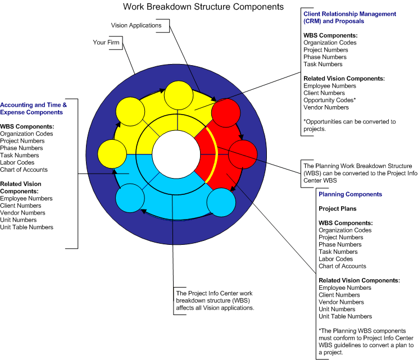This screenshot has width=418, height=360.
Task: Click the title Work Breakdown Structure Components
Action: [x=204, y=7]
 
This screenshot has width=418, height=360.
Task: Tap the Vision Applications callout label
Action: [x=136, y=25]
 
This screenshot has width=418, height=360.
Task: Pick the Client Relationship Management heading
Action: [x=349, y=17]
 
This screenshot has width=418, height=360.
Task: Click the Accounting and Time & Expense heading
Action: [x=34, y=108]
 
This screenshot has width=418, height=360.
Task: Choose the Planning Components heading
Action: [x=350, y=194]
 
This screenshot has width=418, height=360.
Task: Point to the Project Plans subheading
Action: [x=337, y=209]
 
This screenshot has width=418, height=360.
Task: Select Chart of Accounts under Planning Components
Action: [x=342, y=266]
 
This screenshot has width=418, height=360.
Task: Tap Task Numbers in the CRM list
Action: [x=323, y=64]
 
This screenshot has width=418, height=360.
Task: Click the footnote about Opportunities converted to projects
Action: [x=349, y=125]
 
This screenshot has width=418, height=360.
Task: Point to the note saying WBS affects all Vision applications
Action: [x=215, y=300]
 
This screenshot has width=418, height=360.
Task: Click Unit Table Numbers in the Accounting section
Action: [x=27, y=227]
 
